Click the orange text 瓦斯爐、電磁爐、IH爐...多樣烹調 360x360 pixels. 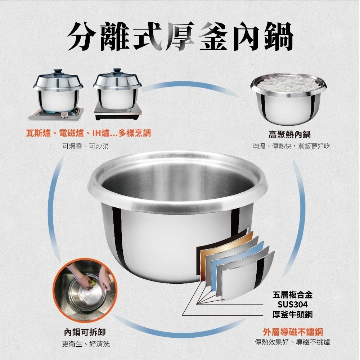[x=89, y=134]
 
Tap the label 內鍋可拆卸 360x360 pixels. [x=85, y=332]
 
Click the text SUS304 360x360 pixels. [x=292, y=305]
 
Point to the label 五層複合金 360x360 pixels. [x=292, y=295]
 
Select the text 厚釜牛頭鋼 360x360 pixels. [x=292, y=314]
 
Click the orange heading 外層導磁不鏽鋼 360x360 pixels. [x=292, y=332]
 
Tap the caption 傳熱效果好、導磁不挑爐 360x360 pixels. [x=292, y=342]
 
